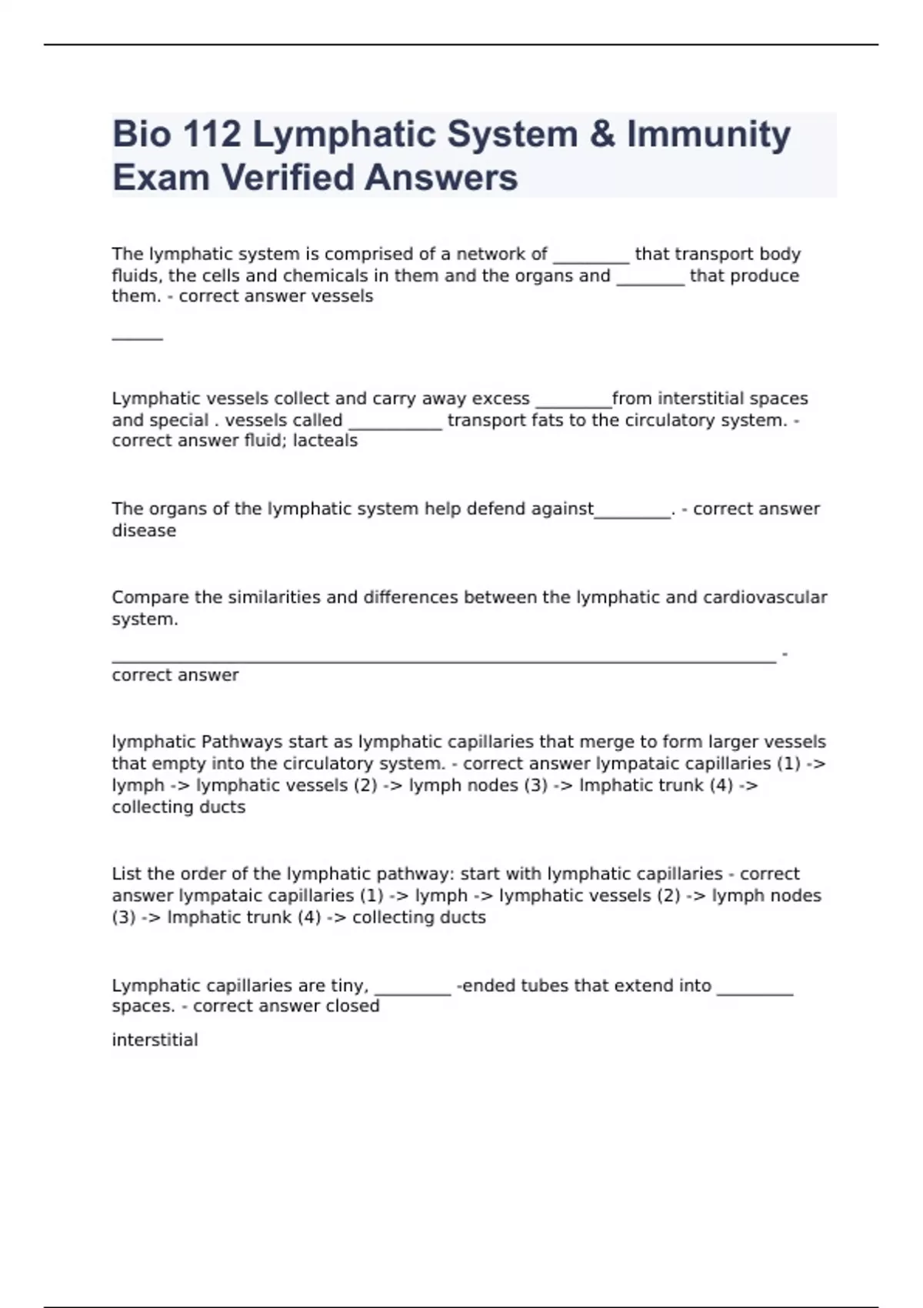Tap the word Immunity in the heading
[708, 134]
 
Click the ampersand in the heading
[602, 134]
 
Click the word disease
[144, 531]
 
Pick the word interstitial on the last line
[155, 1040]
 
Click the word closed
[353, 1006]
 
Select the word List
[127, 874]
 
